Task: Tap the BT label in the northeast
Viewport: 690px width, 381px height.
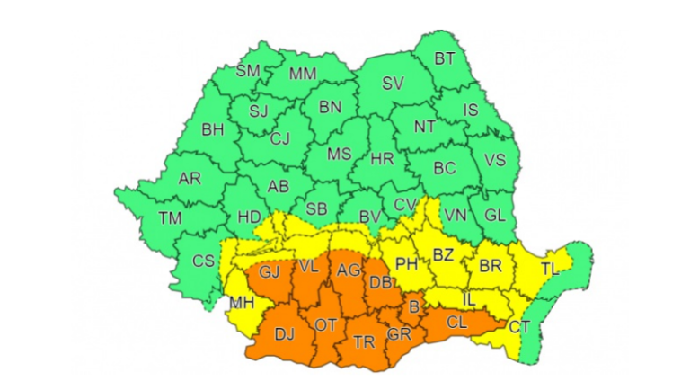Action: coord(445,59)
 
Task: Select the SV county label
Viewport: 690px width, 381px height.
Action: coord(392,84)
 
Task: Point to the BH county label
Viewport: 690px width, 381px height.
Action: coord(212,130)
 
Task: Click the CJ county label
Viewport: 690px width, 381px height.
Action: coord(281,138)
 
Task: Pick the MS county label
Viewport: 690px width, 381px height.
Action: coord(339,155)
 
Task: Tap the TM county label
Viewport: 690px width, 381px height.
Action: coord(169,217)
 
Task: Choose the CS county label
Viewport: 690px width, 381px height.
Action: coord(204,261)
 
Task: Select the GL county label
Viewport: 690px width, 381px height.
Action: coord(494,216)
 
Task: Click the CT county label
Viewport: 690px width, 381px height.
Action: coord(519,326)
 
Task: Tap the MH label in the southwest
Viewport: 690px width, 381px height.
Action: coord(240,303)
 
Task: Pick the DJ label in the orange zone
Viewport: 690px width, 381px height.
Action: coord(284,335)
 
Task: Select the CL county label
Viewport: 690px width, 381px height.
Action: coord(456,321)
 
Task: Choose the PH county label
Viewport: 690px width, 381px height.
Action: coord(407,264)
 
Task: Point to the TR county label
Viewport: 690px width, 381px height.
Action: coord(364,342)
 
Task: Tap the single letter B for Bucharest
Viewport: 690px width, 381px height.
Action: coord(414,308)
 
